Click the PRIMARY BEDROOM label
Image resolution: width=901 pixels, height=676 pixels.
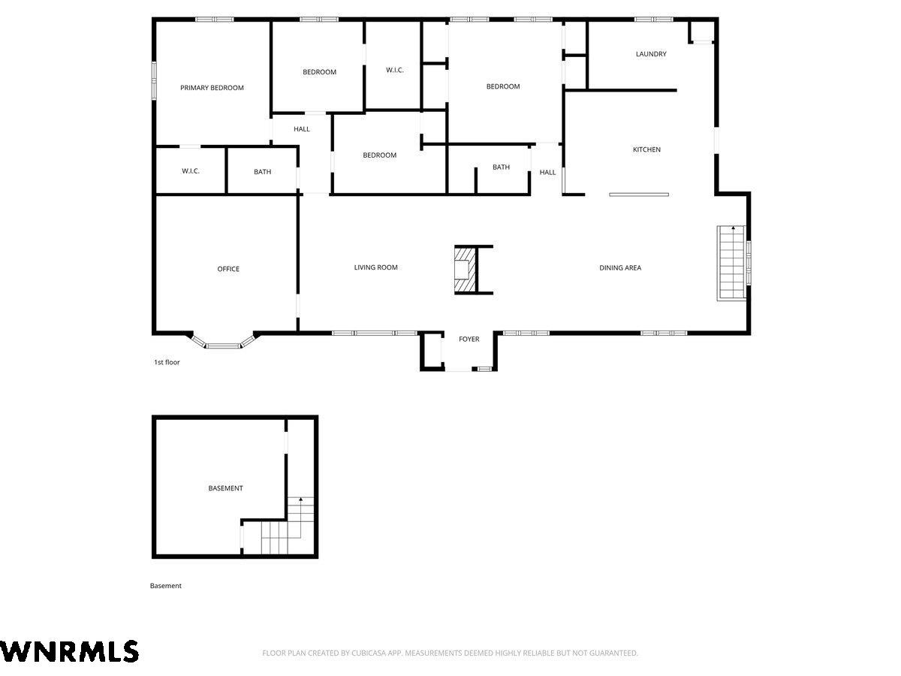click(x=212, y=88)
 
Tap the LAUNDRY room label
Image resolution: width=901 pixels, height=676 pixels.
click(x=651, y=54)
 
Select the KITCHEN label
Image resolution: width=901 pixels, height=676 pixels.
click(x=646, y=149)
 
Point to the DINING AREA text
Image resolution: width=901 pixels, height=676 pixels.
click(x=620, y=267)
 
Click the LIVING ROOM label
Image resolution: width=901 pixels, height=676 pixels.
click(x=375, y=267)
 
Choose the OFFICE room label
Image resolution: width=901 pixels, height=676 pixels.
click(x=228, y=269)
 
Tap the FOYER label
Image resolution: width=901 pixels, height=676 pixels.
click(x=469, y=339)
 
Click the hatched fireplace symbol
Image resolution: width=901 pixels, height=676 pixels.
click(x=466, y=270)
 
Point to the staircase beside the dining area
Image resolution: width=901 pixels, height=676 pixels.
click(x=731, y=263)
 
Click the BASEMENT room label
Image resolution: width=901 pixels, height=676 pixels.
click(x=225, y=488)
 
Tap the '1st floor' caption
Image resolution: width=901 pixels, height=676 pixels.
click(x=167, y=362)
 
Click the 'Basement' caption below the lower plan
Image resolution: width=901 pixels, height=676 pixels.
click(x=165, y=586)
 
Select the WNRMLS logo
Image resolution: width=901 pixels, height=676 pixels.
click(x=69, y=651)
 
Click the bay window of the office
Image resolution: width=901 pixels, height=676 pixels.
click(x=223, y=342)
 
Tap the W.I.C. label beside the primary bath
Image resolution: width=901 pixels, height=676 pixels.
click(x=191, y=171)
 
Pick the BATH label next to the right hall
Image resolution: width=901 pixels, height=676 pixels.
click(x=501, y=167)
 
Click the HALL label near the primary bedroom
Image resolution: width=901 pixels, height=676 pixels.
click(x=301, y=129)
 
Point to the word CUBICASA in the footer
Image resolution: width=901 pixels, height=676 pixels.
click(x=369, y=653)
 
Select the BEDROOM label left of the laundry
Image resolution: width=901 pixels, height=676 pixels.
click(x=503, y=86)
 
